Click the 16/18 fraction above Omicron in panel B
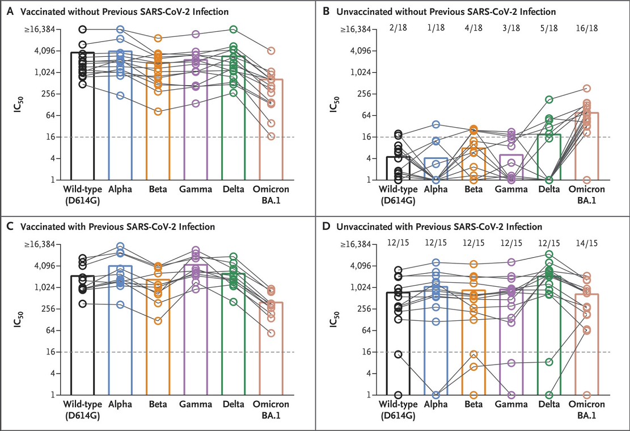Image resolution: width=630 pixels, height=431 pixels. coord(586,28)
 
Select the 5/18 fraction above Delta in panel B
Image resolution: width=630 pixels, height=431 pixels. coord(549,28)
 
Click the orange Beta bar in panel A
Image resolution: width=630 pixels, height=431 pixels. coord(158,122)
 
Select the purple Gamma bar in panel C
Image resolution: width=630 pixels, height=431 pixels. coord(195,329)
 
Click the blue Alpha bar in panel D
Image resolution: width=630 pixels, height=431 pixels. coord(435,341)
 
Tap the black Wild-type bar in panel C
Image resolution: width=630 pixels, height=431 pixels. coord(82,335)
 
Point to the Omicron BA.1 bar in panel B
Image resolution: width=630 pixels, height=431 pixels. coord(586,147)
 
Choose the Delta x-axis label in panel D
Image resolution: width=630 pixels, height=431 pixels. coord(549,404)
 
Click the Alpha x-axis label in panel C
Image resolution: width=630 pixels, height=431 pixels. coord(120,404)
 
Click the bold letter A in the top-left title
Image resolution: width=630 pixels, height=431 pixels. coord(9,11)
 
